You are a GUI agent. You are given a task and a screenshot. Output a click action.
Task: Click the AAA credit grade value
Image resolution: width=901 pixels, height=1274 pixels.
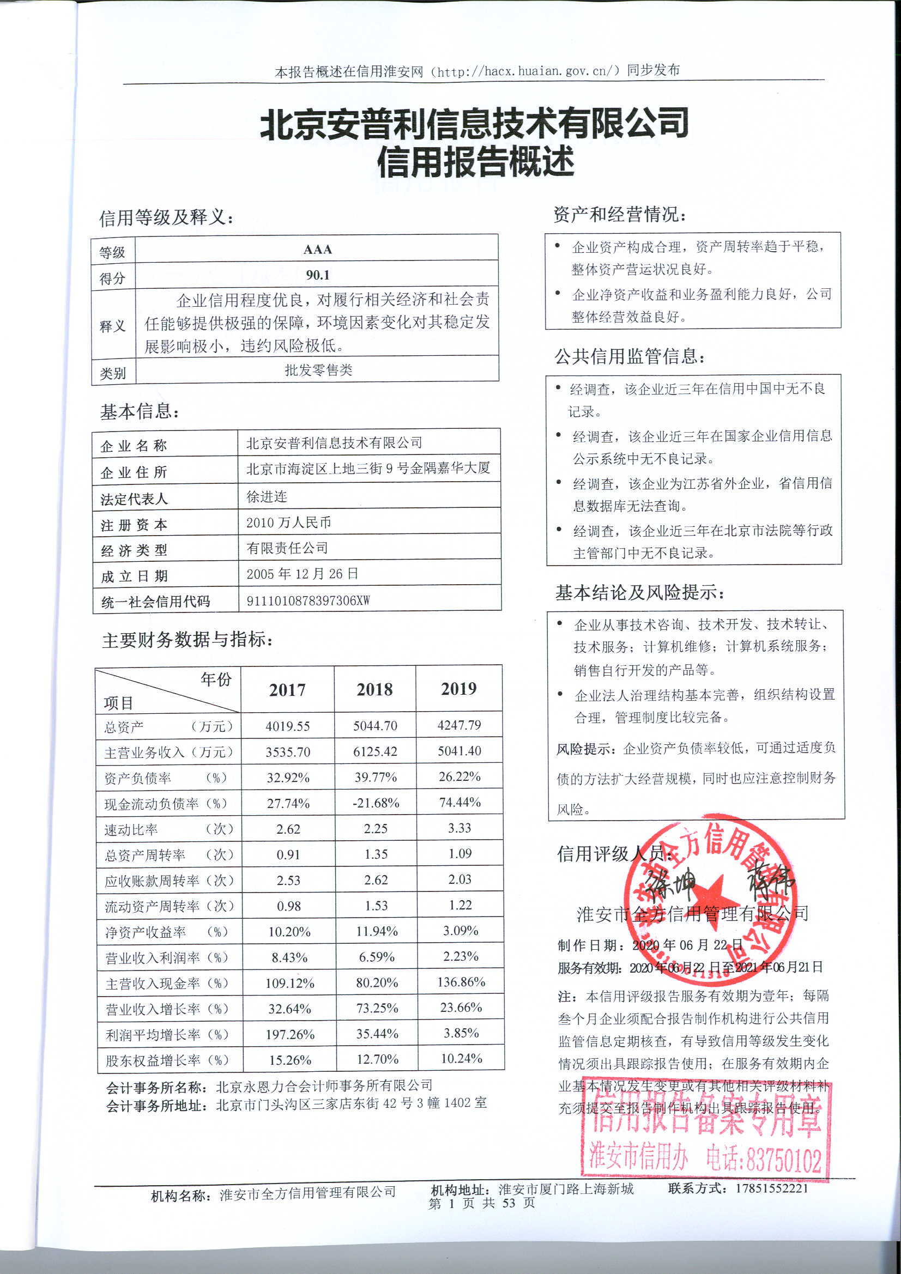318,249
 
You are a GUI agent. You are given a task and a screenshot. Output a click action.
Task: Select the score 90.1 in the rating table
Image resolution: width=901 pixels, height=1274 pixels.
318,275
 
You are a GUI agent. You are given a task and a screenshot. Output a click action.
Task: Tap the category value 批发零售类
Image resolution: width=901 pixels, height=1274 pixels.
318,370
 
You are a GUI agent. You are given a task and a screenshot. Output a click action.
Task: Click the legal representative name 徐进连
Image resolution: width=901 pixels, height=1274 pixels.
267,496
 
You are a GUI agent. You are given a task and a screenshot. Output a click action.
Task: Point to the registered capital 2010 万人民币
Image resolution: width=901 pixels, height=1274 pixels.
289,522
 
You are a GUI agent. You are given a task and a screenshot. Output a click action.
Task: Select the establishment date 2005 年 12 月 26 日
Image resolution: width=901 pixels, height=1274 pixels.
302,574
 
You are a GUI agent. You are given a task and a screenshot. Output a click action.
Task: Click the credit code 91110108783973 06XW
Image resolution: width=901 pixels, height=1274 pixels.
308,600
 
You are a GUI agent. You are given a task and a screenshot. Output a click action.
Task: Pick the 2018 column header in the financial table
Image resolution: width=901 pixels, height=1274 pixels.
374,689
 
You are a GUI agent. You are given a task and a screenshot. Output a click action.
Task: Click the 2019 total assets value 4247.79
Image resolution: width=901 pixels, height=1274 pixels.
459,725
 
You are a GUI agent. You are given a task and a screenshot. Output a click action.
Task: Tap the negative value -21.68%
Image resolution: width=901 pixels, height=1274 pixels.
376,803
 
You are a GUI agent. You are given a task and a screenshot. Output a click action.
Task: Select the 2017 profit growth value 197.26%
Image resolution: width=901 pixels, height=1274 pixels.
290,1034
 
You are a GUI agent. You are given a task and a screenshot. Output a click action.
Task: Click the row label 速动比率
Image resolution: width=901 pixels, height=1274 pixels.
131,829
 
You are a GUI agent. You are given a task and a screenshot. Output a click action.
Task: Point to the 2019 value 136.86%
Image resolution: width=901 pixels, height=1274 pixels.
461,982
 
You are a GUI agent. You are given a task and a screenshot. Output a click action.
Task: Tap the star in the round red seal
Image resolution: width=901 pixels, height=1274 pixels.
712,893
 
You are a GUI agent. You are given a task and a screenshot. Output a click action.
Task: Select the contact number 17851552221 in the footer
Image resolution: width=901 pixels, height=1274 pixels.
772,1188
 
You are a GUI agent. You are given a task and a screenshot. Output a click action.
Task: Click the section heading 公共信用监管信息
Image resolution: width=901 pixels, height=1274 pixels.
628,356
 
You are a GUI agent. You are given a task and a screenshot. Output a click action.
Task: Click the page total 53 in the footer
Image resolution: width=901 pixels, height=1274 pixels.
509,1203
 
